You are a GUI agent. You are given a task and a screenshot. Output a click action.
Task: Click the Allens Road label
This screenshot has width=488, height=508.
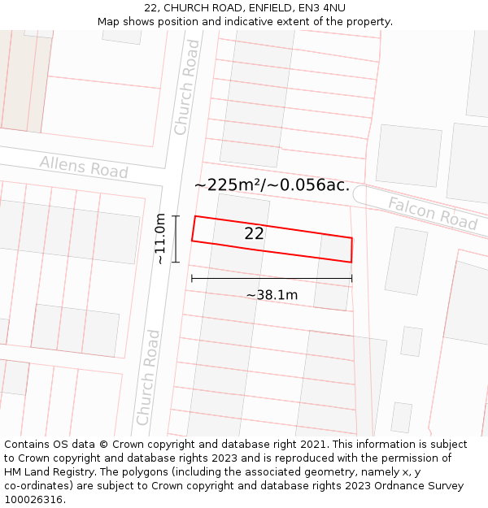click(84, 167)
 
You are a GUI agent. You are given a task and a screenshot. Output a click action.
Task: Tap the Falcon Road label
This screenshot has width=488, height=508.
click(432, 212)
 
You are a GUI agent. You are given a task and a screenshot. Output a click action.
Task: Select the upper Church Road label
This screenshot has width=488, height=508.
click(187, 87)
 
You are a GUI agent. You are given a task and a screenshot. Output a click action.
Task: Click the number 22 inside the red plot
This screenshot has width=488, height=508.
click(254, 233)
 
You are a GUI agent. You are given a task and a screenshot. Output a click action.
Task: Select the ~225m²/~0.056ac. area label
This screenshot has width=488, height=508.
click(272, 185)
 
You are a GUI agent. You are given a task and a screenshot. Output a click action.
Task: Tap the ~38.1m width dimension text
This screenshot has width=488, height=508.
click(272, 295)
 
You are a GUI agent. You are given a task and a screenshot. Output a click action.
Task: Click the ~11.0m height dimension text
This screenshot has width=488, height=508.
click(160, 238)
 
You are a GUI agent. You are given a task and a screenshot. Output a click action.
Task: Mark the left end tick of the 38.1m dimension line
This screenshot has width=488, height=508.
click(192, 279)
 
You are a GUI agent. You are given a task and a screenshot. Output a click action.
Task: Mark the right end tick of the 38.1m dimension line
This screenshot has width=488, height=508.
click(352, 279)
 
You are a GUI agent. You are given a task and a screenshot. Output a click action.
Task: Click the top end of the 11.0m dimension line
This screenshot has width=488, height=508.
click(175, 216)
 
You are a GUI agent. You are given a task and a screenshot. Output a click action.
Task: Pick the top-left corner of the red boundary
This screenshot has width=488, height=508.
click(195, 216)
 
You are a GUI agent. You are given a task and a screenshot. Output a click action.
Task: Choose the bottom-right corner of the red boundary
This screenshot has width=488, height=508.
click(351, 262)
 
